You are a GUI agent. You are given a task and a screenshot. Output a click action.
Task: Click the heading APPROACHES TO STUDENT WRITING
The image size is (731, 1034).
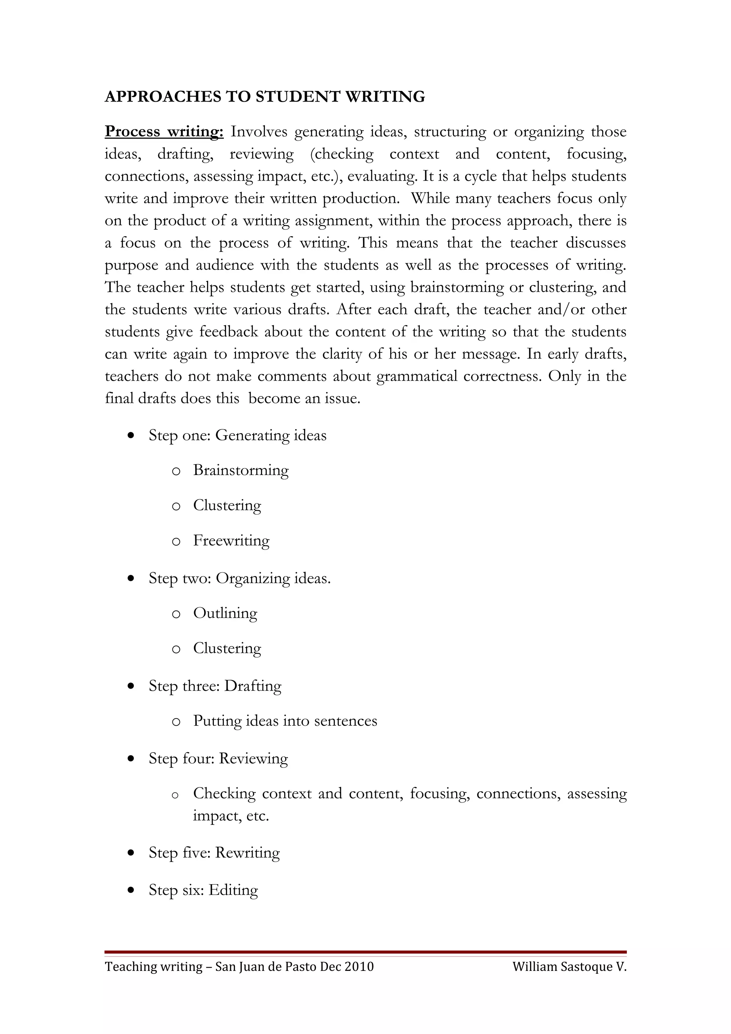tap(265, 97)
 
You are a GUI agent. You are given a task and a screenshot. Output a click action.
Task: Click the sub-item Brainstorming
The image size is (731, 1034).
tap(241, 470)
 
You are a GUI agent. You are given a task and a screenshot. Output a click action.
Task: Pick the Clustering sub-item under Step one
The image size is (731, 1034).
tap(227, 505)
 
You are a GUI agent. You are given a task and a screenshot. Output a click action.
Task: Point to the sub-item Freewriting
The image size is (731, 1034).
tap(231, 541)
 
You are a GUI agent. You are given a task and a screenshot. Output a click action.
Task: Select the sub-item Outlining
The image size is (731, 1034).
tap(225, 613)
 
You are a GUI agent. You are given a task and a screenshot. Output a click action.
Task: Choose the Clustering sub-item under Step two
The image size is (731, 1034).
tap(227, 648)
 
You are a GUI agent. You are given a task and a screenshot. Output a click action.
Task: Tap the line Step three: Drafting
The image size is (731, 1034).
tap(215, 686)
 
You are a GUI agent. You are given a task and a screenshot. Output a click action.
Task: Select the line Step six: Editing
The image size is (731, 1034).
tap(203, 890)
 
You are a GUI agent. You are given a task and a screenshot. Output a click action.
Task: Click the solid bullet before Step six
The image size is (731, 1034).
tap(131, 890)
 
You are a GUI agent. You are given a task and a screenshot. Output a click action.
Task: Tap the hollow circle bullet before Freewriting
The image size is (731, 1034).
tap(176, 542)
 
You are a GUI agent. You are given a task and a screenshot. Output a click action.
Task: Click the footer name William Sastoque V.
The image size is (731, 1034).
tap(569, 967)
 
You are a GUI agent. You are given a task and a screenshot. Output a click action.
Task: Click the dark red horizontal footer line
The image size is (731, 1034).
tap(365, 952)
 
